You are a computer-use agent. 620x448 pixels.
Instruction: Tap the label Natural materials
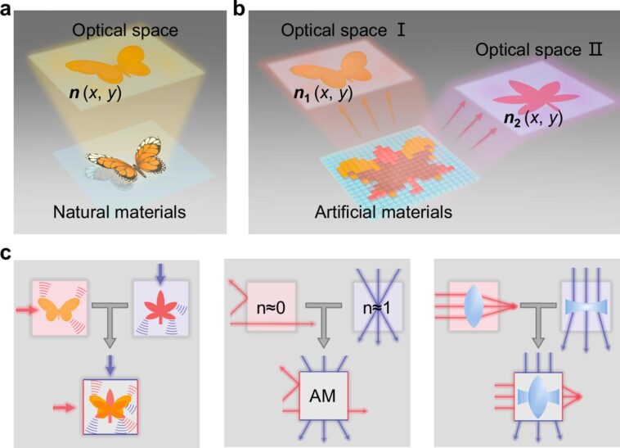click(x=124, y=213)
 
